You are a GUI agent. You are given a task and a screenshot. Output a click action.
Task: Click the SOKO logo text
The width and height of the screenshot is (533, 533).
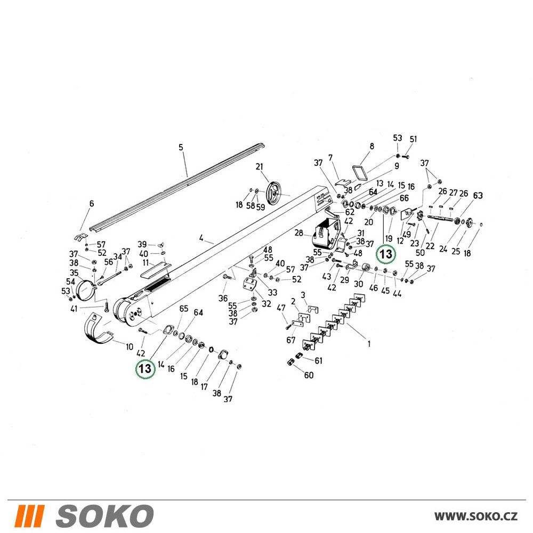click(104, 515)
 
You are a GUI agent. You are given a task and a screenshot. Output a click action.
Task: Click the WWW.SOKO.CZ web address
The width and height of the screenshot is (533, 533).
click(476, 516)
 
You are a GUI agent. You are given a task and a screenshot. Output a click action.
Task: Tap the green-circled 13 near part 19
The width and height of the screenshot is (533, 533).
click(386, 254)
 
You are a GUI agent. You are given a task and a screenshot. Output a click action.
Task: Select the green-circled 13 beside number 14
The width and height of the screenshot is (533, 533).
click(145, 368)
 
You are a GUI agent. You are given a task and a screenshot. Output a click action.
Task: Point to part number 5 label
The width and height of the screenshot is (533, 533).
click(181, 147)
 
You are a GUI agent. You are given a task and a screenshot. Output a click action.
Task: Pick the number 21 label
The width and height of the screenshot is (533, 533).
click(260, 167)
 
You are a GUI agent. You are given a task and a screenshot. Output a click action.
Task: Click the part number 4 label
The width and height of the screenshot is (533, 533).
click(201, 238)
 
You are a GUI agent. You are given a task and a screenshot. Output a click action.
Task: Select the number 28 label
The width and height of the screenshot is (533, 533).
click(299, 233)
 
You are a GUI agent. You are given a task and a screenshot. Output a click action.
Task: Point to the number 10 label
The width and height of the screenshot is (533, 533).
click(129, 347)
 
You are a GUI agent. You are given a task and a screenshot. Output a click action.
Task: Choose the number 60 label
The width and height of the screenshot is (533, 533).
click(309, 375)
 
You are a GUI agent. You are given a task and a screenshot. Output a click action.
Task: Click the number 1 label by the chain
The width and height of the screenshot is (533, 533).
click(369, 344)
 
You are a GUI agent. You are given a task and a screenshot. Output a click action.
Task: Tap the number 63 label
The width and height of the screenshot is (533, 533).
click(478, 196)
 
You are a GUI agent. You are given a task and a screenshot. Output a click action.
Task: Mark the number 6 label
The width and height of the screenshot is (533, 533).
click(92, 204)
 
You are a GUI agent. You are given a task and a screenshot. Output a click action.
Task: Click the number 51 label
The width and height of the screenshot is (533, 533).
click(413, 139)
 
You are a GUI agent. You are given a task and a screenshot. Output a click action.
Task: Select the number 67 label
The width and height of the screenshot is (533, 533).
click(290, 340)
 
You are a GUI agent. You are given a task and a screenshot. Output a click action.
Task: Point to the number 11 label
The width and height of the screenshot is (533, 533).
click(146, 263)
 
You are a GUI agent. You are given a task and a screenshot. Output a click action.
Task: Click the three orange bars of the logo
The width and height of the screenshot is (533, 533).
click(29, 516)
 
